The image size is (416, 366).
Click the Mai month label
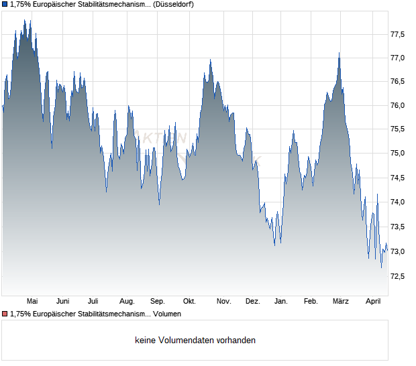coord(32,301)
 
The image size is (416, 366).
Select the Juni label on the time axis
coord(63,301)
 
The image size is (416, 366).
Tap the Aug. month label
coord(127,301)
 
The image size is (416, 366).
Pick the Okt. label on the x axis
coord(190,301)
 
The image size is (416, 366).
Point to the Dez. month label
coord(252,301)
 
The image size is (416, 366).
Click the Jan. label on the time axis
coord(281,301)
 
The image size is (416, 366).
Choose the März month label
coord(341,301)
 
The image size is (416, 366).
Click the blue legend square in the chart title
coord(5,5)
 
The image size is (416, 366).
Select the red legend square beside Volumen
coord(5,314)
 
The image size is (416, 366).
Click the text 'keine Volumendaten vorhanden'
coord(195,340)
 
